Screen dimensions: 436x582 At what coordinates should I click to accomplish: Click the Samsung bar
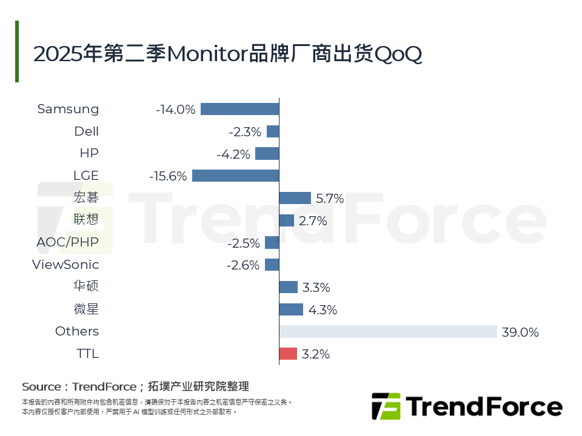tap(239, 109)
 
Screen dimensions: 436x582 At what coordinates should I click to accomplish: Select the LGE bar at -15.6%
tap(235, 176)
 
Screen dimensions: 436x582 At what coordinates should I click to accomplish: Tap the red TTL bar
tap(288, 354)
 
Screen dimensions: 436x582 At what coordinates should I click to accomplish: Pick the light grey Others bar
tap(388, 331)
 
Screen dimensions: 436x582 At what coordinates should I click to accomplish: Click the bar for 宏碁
tap(295, 198)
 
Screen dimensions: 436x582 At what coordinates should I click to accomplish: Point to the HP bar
tap(267, 154)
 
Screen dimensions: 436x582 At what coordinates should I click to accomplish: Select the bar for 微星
tap(291, 309)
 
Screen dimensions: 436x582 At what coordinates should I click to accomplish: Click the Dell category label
tap(86, 131)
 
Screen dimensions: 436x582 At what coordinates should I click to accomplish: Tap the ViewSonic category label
tap(65, 265)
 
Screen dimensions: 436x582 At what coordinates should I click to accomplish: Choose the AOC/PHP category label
tap(67, 243)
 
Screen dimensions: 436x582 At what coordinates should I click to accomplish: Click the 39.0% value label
tap(520, 332)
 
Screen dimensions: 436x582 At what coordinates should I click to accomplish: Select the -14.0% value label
tap(175, 110)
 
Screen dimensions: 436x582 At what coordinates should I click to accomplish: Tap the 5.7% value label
tap(330, 199)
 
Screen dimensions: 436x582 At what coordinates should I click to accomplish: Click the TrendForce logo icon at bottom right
tap(386, 406)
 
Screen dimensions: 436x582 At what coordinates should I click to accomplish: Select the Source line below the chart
tap(135, 386)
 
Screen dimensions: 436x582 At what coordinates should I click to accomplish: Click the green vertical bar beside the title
tap(17, 51)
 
